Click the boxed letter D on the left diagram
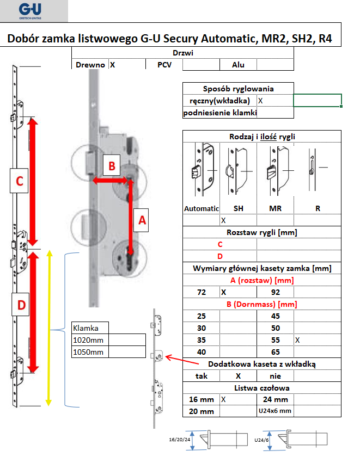pos(21,306)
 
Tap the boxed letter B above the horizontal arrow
pos(112,166)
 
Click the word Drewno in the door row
pos(90,65)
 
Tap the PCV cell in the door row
pos(164,65)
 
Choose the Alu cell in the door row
pos(238,65)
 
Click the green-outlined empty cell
pos(318,101)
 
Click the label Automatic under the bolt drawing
pos(202,208)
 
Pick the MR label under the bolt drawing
pos(275,208)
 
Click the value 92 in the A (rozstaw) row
pos(275,292)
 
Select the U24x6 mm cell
pos(276,411)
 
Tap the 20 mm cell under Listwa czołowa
pos(201,411)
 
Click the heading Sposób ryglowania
pos(238,89)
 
